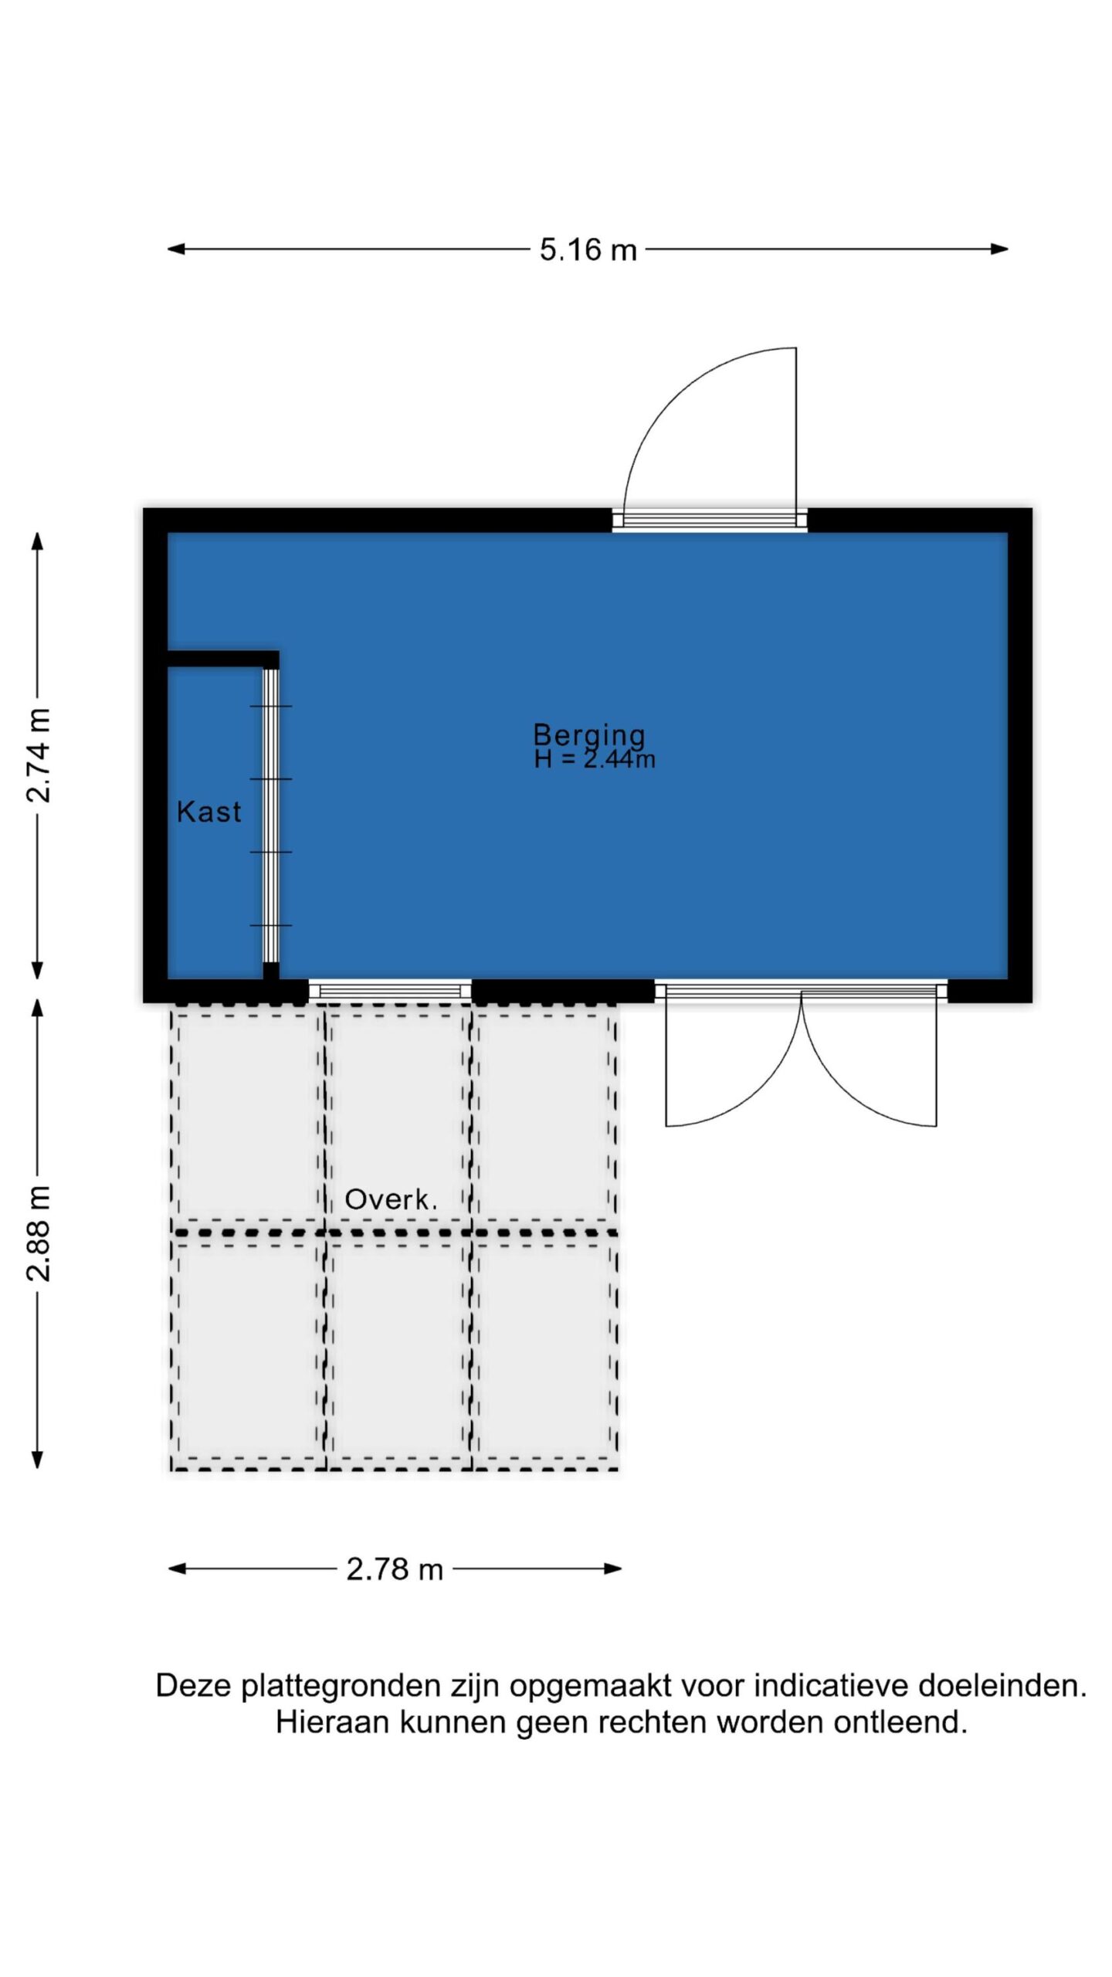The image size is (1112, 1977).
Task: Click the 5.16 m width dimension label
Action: click(588, 250)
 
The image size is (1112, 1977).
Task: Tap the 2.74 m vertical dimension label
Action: click(39, 755)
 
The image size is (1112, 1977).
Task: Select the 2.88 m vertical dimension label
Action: click(39, 1233)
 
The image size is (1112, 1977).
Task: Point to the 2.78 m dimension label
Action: click(395, 1569)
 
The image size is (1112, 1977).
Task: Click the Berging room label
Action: click(589, 735)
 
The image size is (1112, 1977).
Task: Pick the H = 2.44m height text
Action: click(595, 759)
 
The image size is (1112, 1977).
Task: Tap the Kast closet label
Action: click(209, 812)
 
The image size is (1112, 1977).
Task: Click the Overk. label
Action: click(391, 1199)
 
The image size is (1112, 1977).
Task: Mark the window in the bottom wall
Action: click(390, 991)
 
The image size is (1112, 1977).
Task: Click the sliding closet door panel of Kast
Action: click(271, 815)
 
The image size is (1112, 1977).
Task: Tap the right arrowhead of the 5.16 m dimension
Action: click(1000, 249)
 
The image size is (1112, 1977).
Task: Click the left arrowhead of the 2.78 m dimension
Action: click(178, 1568)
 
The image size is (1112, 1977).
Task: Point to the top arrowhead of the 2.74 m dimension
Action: click(37, 541)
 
